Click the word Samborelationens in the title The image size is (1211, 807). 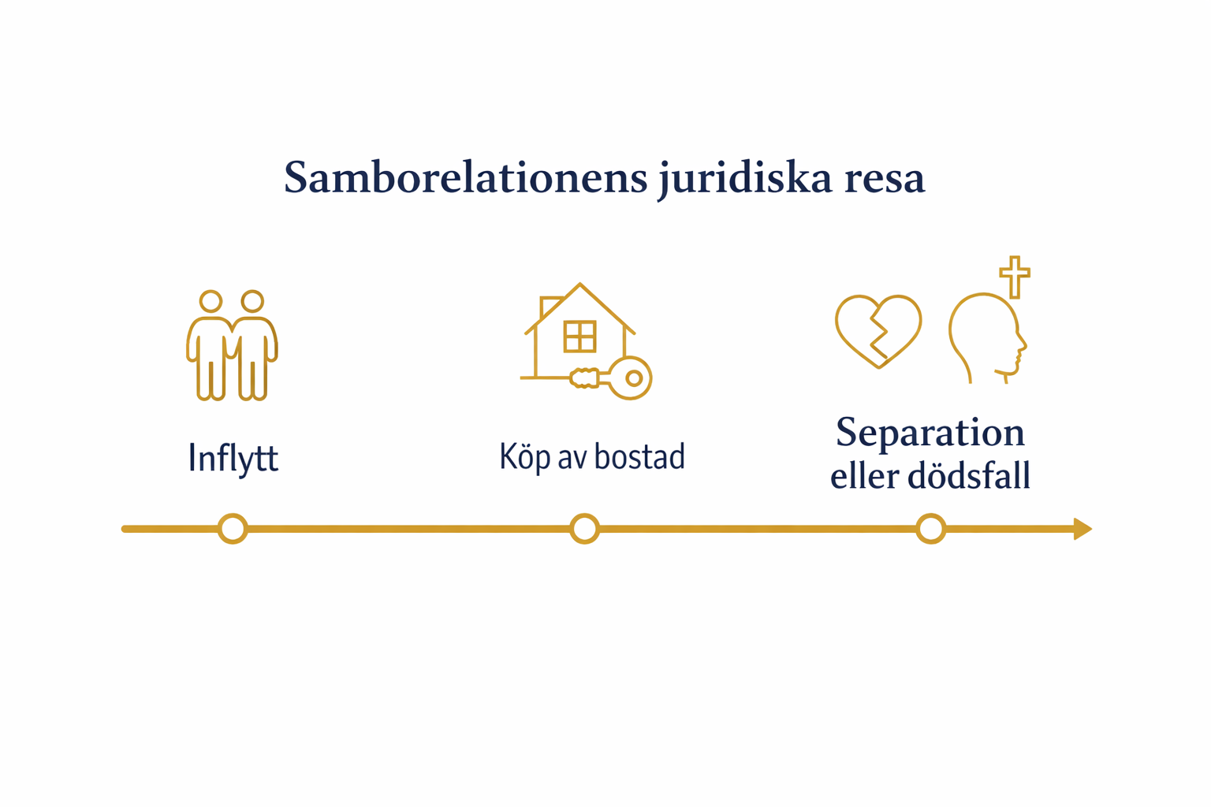[x=465, y=177]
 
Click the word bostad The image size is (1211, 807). [x=639, y=456]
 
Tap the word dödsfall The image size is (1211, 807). [x=969, y=476]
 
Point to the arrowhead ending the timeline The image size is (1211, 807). [x=1082, y=529]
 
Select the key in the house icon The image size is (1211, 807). [x=630, y=377]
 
